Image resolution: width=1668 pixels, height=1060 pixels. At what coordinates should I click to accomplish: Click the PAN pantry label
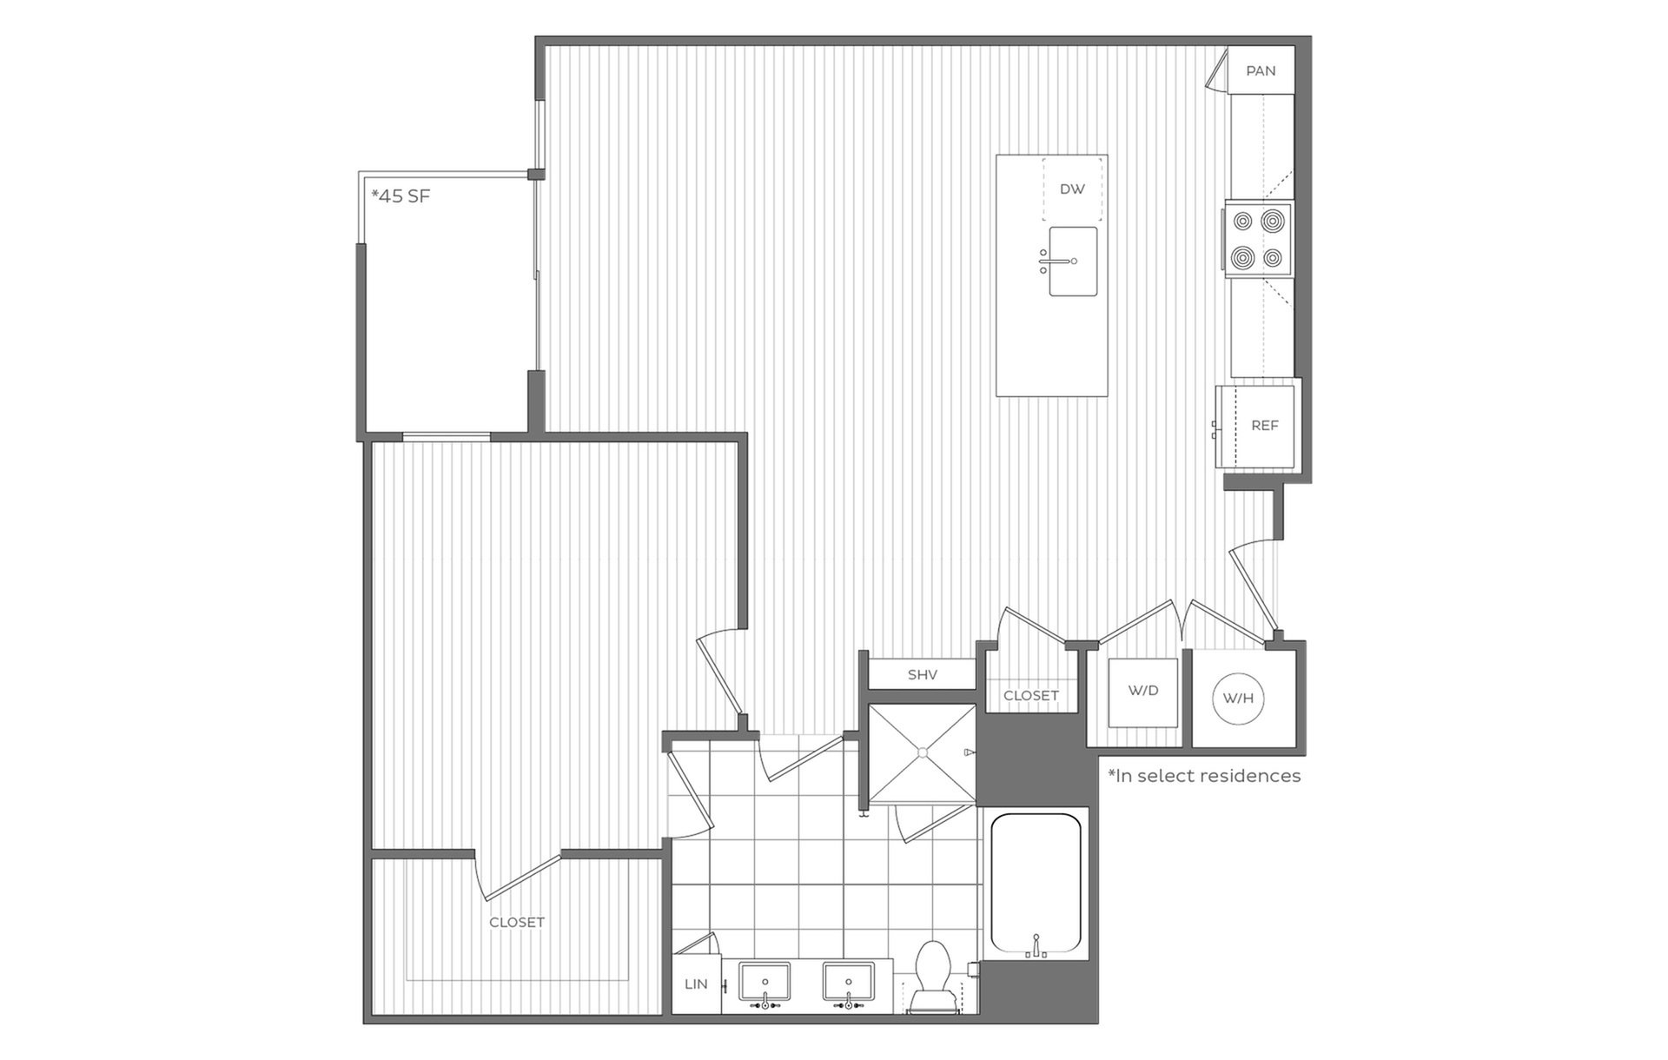coord(1261,71)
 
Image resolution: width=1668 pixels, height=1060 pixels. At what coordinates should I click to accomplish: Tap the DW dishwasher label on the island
coord(1072,189)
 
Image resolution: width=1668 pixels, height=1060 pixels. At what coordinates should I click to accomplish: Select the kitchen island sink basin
coord(1073,262)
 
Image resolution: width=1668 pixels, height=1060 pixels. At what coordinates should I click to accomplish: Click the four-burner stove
coord(1259,239)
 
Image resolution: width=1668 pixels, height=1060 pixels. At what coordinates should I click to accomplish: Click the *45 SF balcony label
coord(400,196)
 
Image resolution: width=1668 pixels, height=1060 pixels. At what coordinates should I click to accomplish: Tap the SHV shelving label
coord(922,674)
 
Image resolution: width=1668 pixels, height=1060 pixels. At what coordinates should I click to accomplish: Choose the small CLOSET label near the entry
coord(1031,696)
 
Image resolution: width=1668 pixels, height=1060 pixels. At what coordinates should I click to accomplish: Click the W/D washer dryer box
coord(1143,693)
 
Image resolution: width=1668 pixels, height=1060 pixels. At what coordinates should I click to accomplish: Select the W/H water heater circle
coord(1238,698)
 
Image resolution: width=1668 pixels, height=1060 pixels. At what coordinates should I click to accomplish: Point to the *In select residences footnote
coord(1204,776)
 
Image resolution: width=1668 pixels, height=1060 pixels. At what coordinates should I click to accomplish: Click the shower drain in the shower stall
coord(923,752)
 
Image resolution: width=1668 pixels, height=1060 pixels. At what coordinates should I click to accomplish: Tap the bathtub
coord(1036,883)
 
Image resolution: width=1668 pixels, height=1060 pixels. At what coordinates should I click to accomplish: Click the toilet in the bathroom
coord(933,977)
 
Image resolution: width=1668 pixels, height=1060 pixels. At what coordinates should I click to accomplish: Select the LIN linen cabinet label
coord(696,984)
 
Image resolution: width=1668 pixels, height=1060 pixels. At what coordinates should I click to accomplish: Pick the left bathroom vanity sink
coord(764,983)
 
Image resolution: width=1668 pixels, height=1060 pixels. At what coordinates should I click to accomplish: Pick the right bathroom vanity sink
coord(849,983)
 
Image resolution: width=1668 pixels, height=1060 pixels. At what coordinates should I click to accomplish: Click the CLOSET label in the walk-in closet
coord(517,923)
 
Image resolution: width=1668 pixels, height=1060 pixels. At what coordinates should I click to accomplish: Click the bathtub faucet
coord(1036,947)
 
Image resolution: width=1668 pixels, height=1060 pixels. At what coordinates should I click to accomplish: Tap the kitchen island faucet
coord(1058,261)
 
